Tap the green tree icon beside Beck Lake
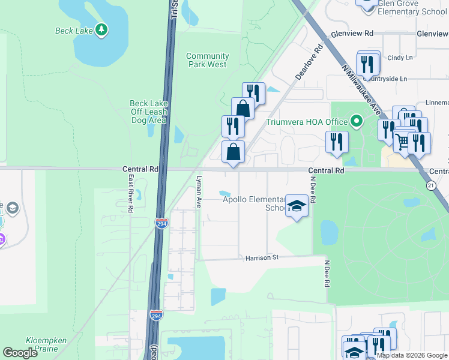[x=101, y=29]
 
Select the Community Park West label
[x=206, y=60]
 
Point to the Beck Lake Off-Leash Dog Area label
[x=148, y=112]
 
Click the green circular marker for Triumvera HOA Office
[x=357, y=122]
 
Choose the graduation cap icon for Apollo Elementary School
[x=296, y=206]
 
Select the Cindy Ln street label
[x=400, y=58]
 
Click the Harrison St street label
[x=262, y=258]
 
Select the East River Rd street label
[x=130, y=193]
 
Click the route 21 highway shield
[x=430, y=186]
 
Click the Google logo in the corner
[x=20, y=353]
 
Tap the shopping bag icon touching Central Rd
[x=233, y=152]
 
